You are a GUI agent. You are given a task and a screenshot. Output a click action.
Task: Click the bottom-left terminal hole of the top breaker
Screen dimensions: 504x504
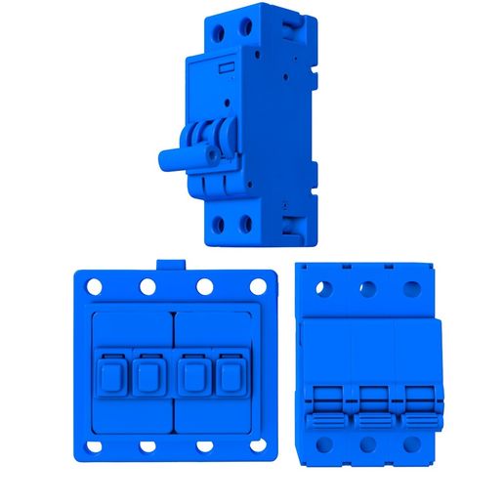coord(217,224)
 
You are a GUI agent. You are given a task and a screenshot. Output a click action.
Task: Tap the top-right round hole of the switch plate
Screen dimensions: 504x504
coord(258,288)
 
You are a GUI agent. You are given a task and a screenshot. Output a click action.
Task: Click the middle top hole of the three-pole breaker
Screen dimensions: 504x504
coord(368,289)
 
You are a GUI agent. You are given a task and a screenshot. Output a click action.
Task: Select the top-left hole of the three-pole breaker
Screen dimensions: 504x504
coord(324,289)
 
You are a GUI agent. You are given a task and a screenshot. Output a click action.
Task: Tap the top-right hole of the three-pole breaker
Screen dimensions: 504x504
coord(412,289)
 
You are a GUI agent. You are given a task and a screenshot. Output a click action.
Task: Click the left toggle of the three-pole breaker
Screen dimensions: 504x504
coord(325,407)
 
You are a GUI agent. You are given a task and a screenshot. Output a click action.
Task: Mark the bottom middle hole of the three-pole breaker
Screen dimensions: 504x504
coord(368,446)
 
